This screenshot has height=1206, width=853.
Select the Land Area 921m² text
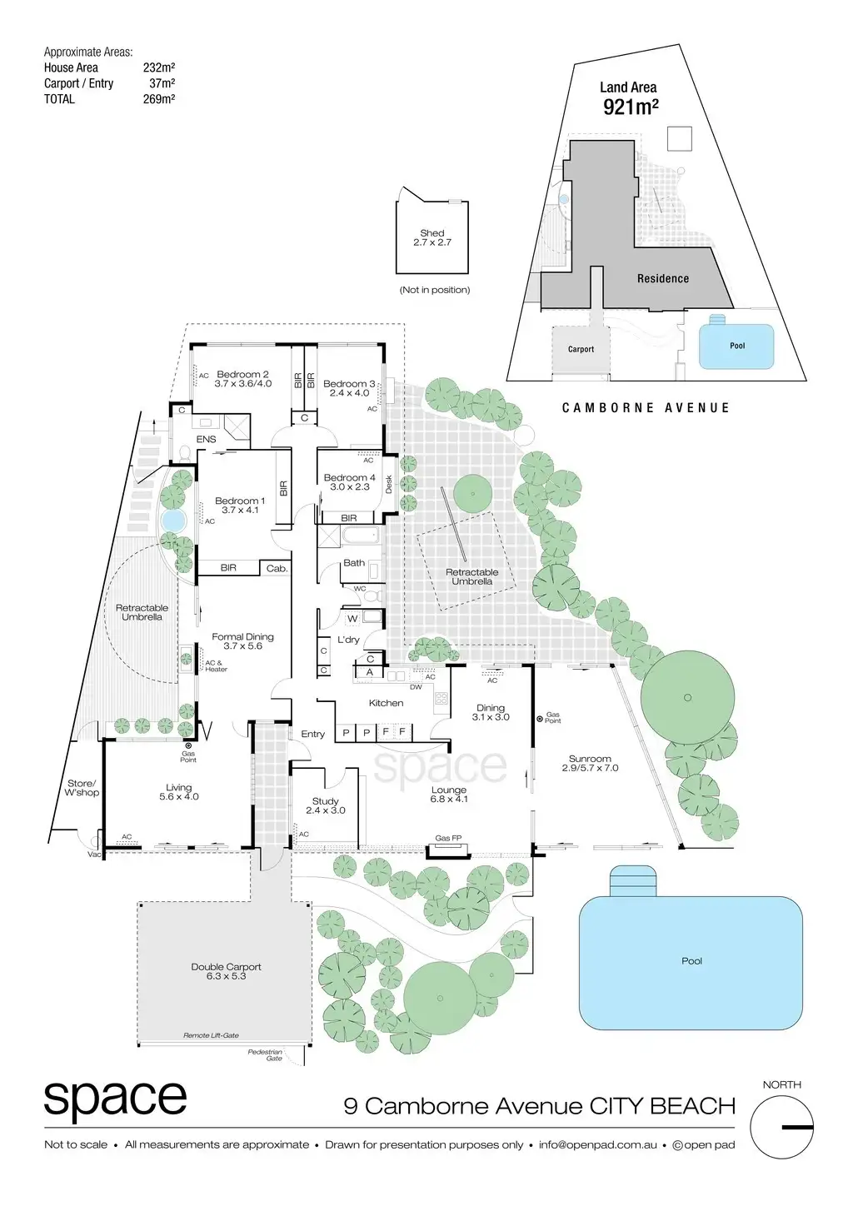(x=629, y=98)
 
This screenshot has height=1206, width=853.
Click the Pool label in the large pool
(x=691, y=960)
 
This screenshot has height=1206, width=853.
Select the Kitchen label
(x=386, y=703)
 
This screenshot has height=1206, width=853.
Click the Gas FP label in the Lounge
(x=448, y=838)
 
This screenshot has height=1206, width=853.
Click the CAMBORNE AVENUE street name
(x=646, y=408)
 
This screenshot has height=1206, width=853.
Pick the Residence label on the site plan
(x=663, y=279)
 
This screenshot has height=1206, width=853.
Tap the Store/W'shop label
(x=82, y=788)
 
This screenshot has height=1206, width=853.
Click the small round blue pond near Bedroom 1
(x=172, y=521)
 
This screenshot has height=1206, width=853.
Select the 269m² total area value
(x=158, y=99)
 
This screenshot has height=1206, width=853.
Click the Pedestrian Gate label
(x=266, y=1055)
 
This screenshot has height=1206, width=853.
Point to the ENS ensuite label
(x=206, y=439)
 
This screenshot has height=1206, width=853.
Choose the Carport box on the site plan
(x=581, y=350)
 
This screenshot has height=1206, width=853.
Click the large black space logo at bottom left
(x=115, y=1100)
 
